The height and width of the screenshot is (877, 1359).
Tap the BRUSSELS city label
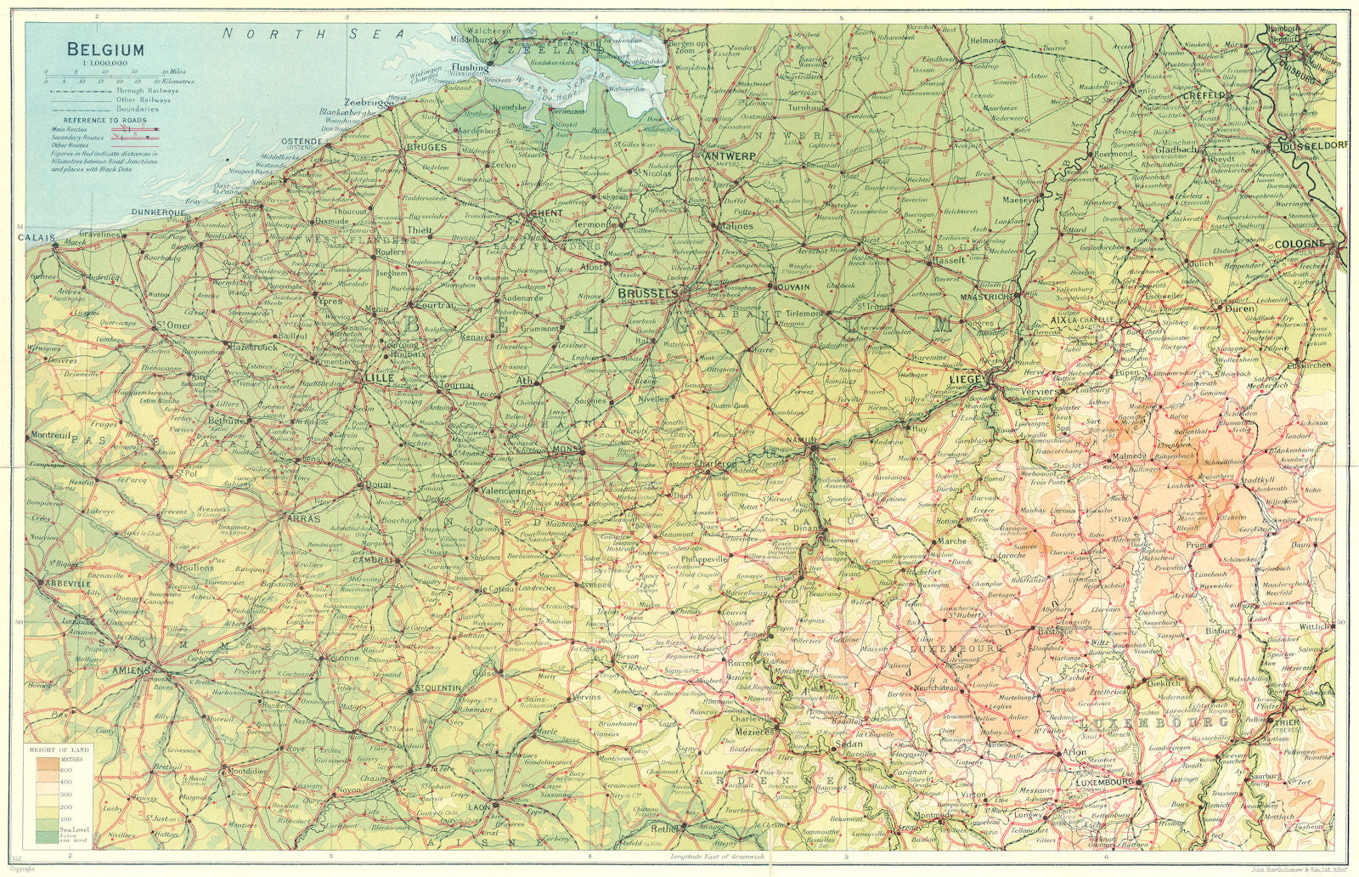[x=648, y=293]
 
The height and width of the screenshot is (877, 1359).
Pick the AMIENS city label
[x=130, y=670]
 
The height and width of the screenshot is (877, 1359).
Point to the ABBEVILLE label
[x=64, y=585]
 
